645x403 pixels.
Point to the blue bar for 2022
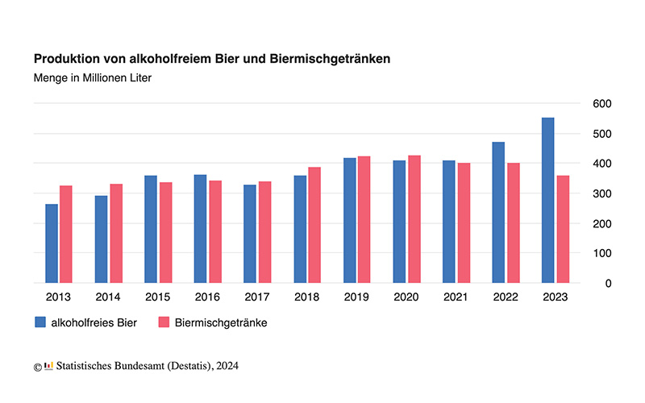[498, 212]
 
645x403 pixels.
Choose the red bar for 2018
[314, 225]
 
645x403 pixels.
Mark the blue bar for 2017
[250, 234]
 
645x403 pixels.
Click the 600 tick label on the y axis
[602, 104]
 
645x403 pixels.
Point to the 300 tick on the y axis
[602, 193]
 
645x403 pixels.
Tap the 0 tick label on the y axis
[596, 283]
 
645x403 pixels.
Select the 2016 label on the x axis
[207, 297]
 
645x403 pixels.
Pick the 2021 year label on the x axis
[456, 297]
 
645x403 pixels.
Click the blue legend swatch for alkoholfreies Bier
[40, 322]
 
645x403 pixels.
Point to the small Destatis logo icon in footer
[48, 366]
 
